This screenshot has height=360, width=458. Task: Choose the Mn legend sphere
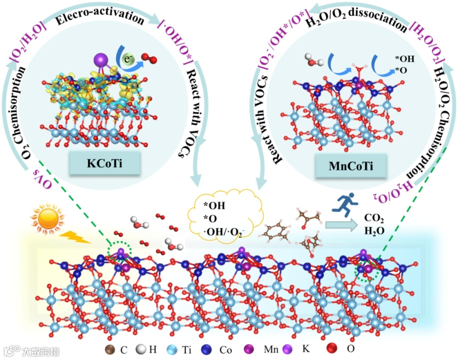251,350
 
